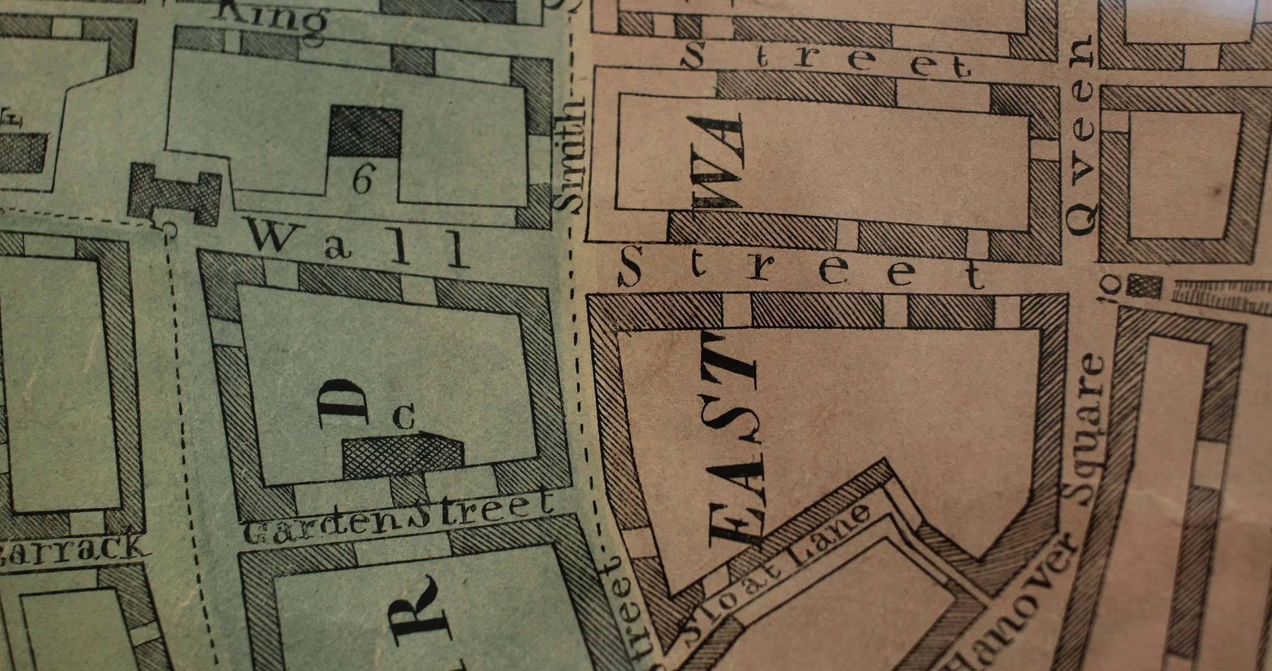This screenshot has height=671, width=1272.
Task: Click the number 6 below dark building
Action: (x=362, y=180)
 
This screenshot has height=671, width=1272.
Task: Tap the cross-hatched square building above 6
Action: (x=365, y=131)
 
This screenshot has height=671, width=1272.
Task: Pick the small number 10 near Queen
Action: (x=1110, y=289)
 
